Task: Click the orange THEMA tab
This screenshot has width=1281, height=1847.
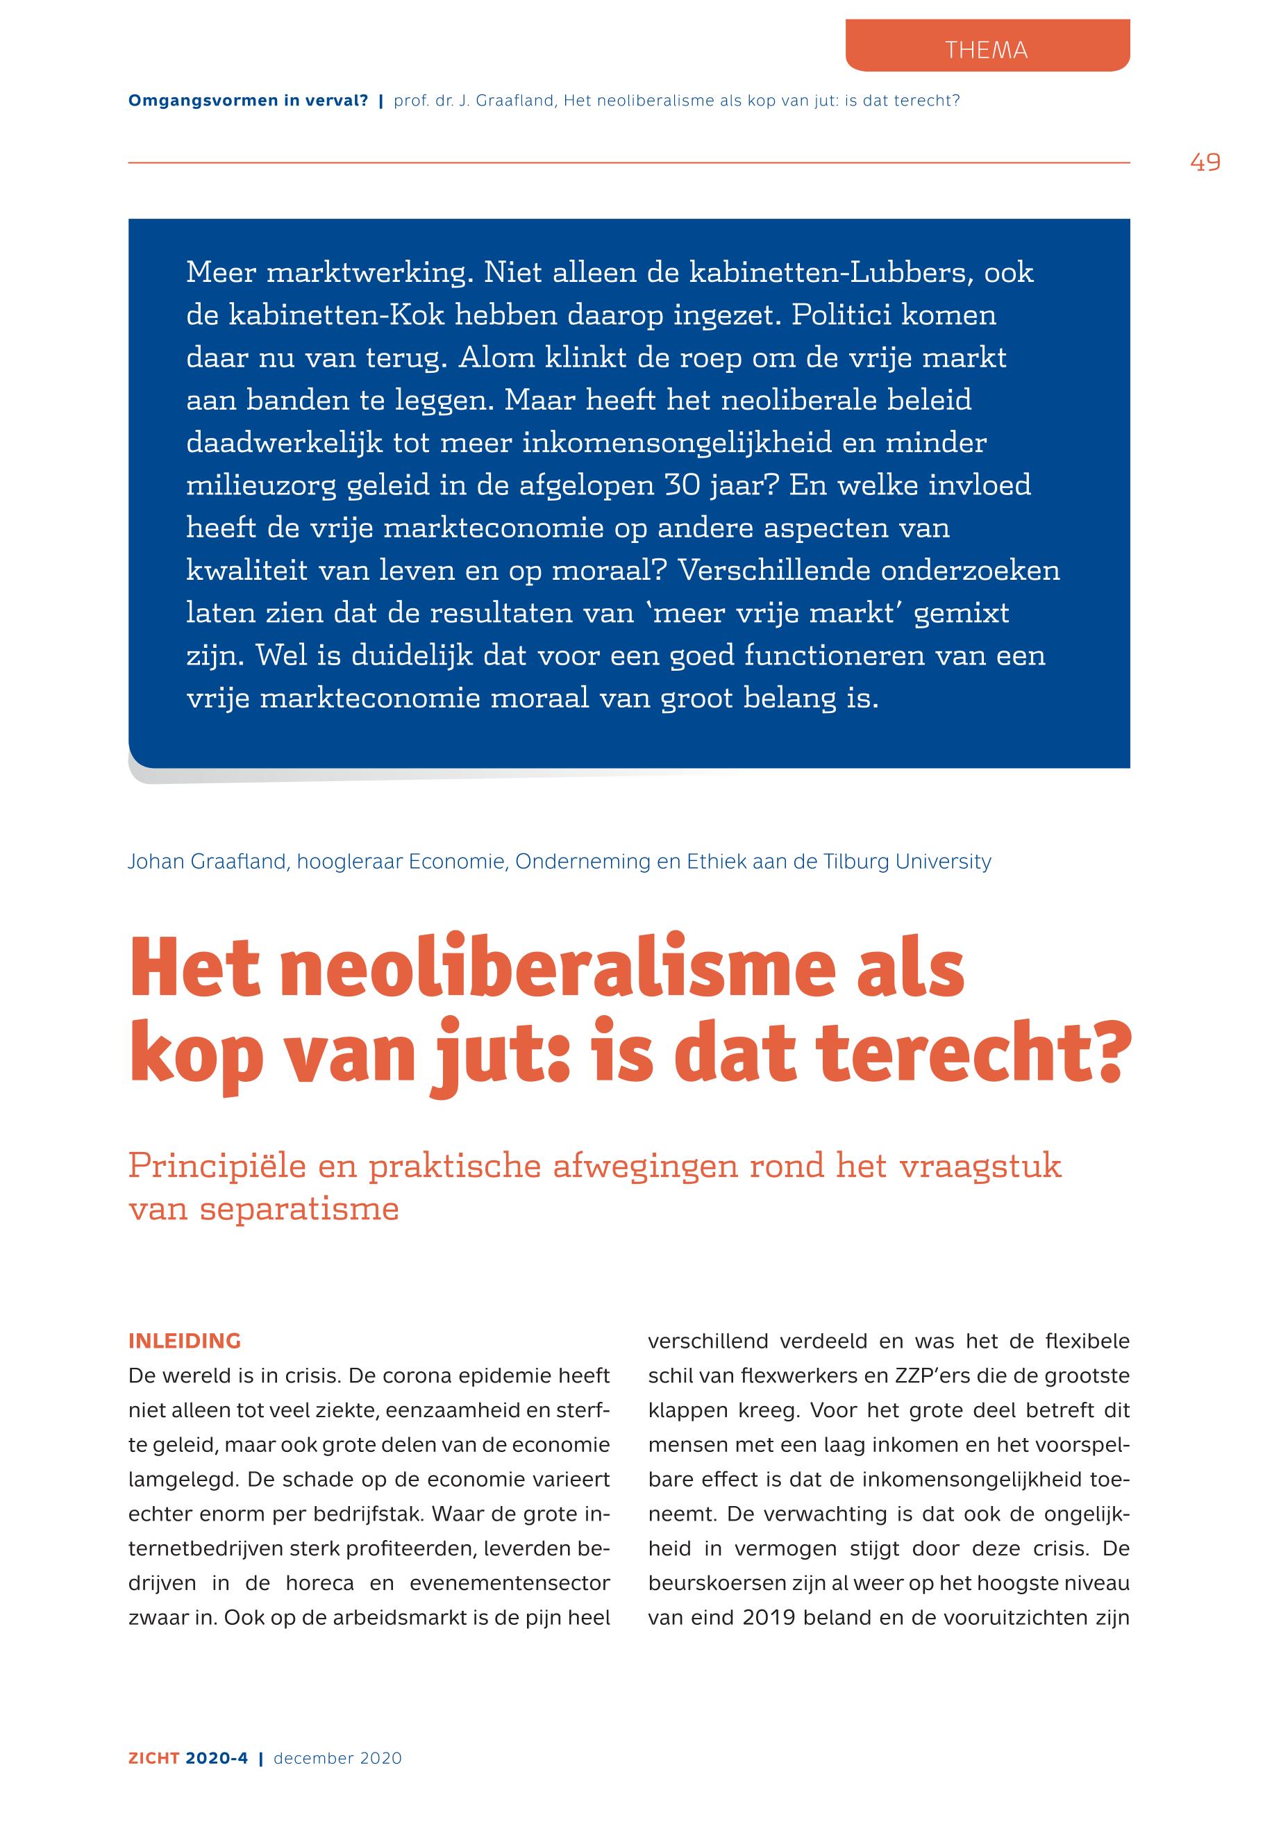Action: (987, 50)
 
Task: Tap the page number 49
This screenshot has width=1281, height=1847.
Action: (1205, 163)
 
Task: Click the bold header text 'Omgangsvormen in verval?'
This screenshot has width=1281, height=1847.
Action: (248, 101)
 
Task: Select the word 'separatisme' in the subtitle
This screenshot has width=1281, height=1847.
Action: (299, 1209)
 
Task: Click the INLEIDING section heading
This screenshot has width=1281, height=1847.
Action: (185, 1342)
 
